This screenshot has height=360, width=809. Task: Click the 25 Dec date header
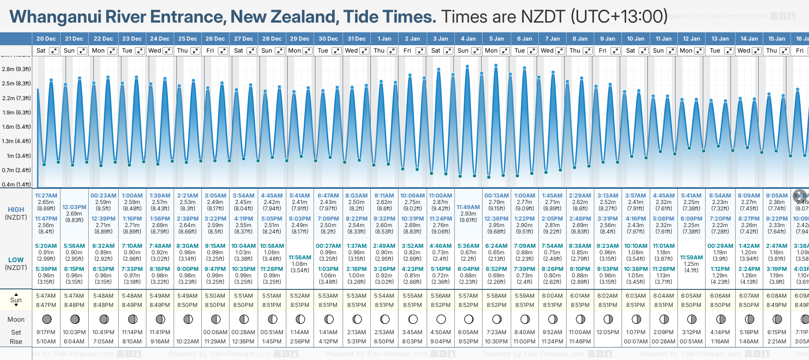click(x=187, y=39)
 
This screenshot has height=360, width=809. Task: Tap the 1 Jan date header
click(x=384, y=39)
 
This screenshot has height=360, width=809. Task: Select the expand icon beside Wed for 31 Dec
click(x=364, y=51)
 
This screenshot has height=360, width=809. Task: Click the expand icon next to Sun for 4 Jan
click(x=476, y=51)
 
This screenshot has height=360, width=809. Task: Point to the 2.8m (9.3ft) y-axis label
click(x=17, y=69)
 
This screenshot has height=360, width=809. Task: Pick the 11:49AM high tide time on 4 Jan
click(x=468, y=207)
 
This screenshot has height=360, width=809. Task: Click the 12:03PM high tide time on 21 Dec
click(x=74, y=207)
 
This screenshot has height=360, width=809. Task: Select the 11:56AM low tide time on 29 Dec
click(x=300, y=258)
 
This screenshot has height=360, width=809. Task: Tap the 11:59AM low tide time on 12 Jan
click(x=691, y=258)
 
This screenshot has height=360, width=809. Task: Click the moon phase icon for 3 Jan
click(x=441, y=319)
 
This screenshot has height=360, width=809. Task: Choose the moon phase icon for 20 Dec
click(x=47, y=319)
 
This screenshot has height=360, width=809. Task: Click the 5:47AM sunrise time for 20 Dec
click(x=46, y=296)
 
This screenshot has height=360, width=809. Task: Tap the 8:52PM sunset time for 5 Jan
click(x=496, y=305)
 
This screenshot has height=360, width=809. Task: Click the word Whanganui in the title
click(x=55, y=17)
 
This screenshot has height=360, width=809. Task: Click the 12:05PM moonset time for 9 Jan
click(x=608, y=332)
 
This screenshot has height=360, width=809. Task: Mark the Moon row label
click(x=16, y=319)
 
